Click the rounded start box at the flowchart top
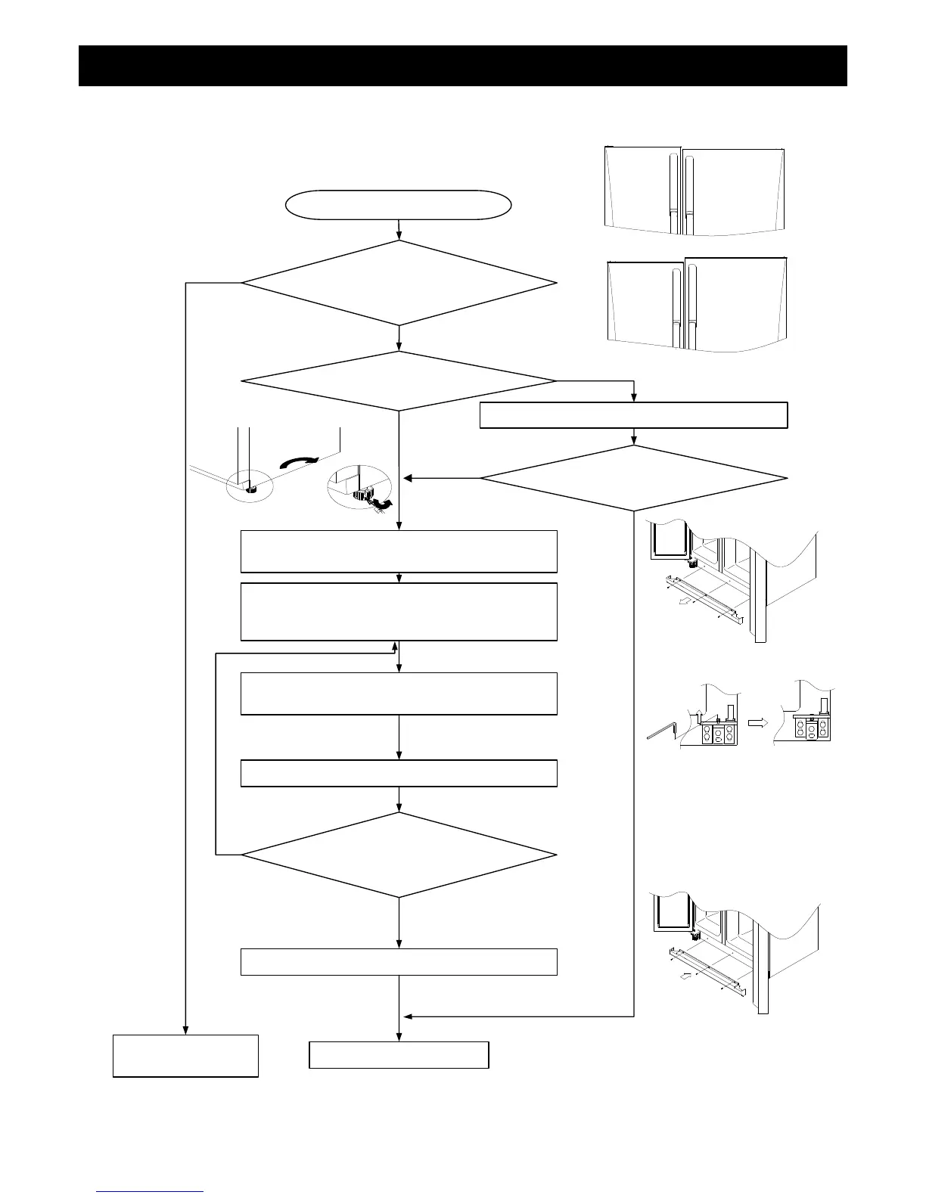coord(399,205)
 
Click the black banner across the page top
coord(462,66)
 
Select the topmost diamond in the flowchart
coord(399,283)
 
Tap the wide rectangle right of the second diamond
coord(634,415)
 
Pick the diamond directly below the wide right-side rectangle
coord(634,478)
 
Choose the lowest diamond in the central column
coord(399,855)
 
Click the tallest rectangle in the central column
coord(399,611)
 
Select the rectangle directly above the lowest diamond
coord(399,773)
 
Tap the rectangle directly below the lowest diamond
coord(399,961)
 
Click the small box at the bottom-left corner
coord(185,1055)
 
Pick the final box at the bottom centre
coord(399,1054)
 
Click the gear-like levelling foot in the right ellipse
coord(362,496)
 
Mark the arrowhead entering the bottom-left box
coord(185,1029)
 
